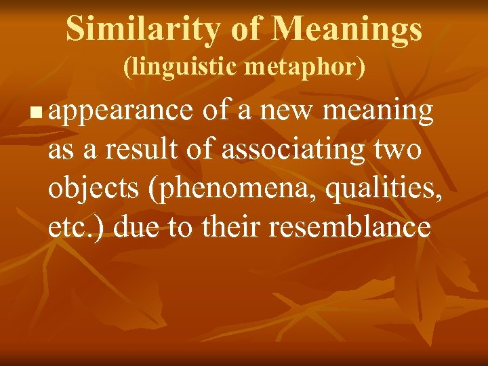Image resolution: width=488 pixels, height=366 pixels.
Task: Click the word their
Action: (x=230, y=227)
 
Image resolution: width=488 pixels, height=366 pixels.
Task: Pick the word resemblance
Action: (x=349, y=227)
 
